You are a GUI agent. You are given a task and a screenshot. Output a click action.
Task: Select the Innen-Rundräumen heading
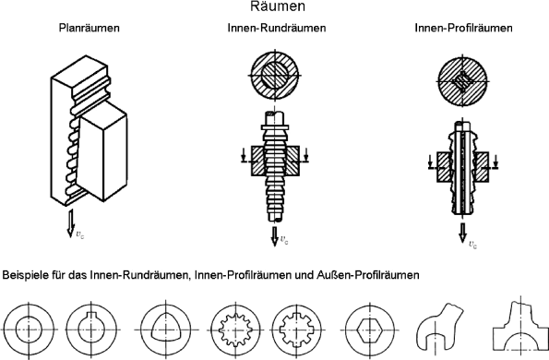(276, 29)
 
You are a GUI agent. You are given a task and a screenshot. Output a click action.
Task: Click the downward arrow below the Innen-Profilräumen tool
(461, 236)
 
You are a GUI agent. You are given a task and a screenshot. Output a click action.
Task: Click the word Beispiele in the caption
(27, 274)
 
